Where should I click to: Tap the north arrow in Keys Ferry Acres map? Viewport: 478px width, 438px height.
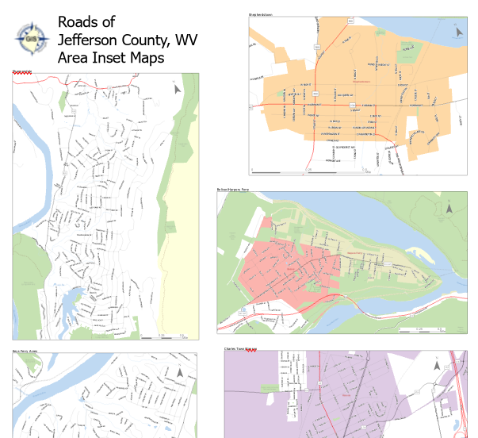click(x=181, y=371)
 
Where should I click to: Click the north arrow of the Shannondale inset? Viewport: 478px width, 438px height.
click(x=178, y=90)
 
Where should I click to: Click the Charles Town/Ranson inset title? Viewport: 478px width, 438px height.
click(x=241, y=348)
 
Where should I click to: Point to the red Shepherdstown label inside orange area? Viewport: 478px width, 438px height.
click(x=361, y=81)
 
